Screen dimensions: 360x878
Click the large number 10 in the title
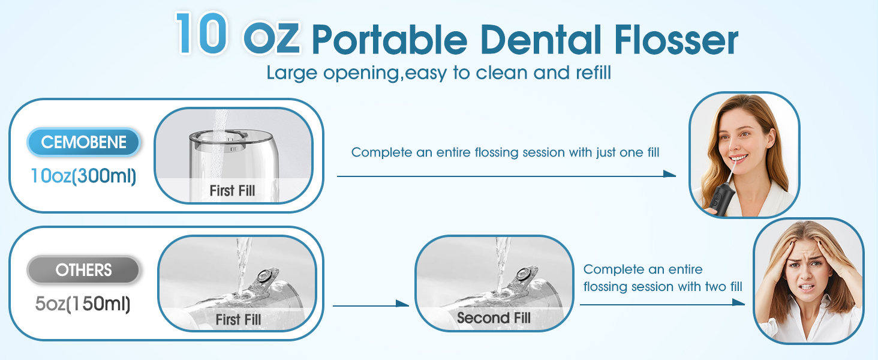tap(202, 34)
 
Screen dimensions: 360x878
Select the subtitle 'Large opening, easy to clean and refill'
tap(438, 73)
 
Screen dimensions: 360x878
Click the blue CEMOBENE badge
tap(84, 143)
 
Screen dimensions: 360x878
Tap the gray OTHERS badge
tap(83, 271)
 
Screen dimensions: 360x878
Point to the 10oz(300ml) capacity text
tap(83, 176)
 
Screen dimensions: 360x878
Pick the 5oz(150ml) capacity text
tap(83, 304)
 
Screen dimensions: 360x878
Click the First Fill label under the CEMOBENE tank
tap(232, 191)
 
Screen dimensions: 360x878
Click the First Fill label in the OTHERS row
tap(238, 320)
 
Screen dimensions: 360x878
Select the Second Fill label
tap(494, 318)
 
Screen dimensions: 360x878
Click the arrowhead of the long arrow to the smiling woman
tap(669, 175)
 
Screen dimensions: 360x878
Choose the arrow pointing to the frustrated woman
tap(662, 304)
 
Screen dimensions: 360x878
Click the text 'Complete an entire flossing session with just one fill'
tap(505, 152)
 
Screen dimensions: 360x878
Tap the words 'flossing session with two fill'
tap(663, 287)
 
